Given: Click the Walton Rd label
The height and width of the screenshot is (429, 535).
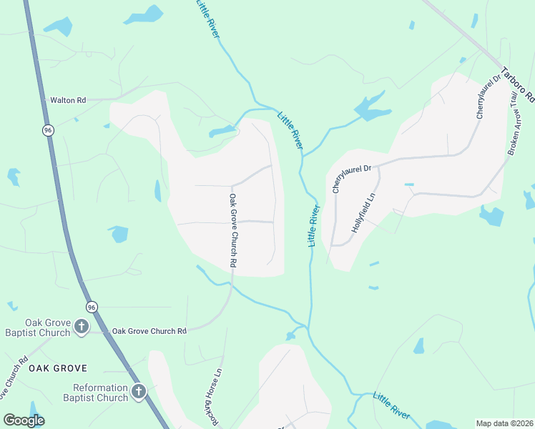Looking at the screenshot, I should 68,101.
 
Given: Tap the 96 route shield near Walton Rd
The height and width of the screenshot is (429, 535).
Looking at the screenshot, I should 48,130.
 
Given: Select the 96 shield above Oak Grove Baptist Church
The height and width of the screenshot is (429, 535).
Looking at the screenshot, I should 92,307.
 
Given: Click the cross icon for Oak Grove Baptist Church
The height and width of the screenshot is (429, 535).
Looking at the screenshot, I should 82,327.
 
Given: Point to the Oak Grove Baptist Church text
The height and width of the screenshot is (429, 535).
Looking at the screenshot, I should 47,327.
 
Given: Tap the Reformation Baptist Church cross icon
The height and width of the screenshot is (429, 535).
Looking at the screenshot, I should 138,392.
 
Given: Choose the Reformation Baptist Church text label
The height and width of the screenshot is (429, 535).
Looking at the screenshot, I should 95,393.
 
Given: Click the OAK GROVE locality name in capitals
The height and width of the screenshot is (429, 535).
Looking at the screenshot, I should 58,368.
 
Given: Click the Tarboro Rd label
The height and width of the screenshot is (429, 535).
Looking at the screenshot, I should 518,84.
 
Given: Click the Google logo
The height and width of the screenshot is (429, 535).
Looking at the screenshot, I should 24,420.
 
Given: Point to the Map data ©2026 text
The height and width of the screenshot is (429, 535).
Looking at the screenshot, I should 505,423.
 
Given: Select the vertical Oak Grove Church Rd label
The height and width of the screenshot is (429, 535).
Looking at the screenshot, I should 232,230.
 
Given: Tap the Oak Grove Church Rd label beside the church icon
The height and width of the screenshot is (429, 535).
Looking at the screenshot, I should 149,331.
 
